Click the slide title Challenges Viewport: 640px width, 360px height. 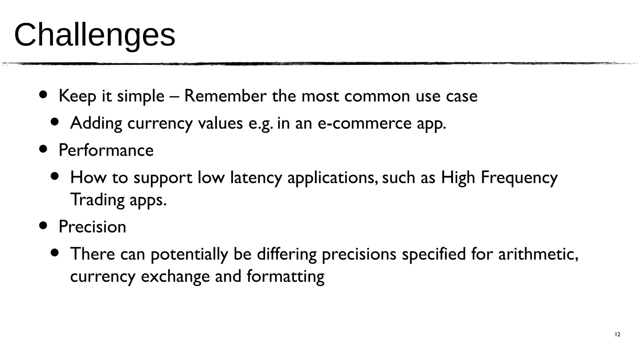[94, 35]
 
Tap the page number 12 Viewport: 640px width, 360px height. [617, 334]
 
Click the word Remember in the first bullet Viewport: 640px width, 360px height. [225, 96]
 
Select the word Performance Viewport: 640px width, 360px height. [106, 150]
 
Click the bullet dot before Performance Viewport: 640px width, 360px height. [43, 149]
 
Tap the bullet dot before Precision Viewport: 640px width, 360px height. [43, 225]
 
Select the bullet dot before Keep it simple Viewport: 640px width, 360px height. [43, 94]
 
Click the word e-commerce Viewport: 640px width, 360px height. [365, 123]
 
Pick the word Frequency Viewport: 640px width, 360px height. [519, 177]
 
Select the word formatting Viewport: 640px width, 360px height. [285, 276]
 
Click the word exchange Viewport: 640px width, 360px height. [175, 276]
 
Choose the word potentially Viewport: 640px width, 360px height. [189, 254]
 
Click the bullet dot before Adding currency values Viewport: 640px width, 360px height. [55, 122]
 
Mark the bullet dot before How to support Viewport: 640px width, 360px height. [55, 176]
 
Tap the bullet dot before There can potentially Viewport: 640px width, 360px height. [55, 252]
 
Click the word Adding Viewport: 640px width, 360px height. [96, 123]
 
